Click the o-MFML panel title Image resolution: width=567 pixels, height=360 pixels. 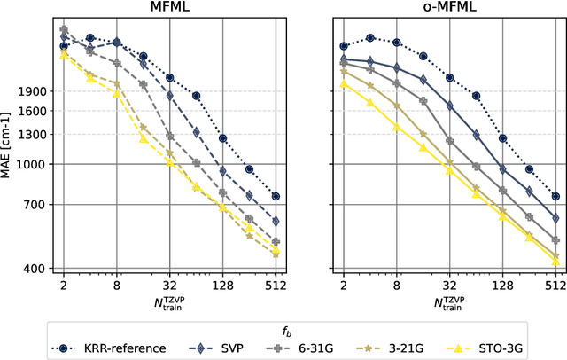coord(449,8)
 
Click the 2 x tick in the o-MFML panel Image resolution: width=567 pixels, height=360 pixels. coord(344,286)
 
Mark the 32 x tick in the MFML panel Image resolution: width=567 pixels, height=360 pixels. coord(170,286)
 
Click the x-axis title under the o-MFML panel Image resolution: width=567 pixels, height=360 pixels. coord(449,304)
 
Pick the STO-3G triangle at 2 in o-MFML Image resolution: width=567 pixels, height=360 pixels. coord(344,84)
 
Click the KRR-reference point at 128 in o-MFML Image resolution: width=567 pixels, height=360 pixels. coord(502,138)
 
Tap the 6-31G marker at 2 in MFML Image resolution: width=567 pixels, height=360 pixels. coord(64,29)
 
